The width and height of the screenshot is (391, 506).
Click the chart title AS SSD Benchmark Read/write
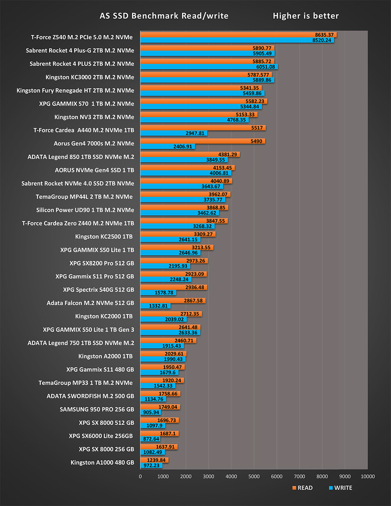tap(164, 16)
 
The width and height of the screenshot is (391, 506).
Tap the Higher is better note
tap(306, 16)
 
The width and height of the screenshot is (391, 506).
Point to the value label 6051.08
tap(265, 67)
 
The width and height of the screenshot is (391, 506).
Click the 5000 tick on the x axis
tap(254, 476)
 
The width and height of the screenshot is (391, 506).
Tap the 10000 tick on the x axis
tap(368, 476)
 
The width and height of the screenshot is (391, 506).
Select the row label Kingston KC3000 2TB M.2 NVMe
tap(90, 77)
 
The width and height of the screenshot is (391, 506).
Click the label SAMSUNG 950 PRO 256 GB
tap(97, 409)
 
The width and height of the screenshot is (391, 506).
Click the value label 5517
tap(257, 128)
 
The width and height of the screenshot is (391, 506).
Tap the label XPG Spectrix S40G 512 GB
tap(99, 290)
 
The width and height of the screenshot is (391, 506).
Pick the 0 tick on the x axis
tap(140, 476)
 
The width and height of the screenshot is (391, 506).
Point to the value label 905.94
tap(151, 412)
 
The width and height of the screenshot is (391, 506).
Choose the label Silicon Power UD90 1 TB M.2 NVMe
tap(85, 210)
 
